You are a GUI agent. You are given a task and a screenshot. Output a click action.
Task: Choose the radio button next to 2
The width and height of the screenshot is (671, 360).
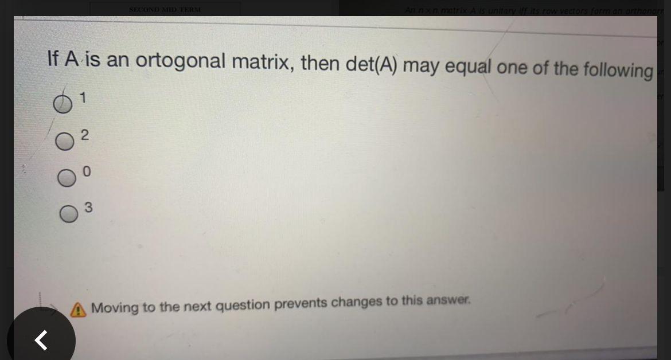(x=65, y=142)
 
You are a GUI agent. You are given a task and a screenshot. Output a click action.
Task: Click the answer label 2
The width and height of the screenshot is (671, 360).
(x=84, y=135)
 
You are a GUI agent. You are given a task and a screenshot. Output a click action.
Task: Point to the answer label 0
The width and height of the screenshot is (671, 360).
(x=87, y=171)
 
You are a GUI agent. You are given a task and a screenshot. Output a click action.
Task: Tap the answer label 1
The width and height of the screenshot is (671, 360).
(x=83, y=99)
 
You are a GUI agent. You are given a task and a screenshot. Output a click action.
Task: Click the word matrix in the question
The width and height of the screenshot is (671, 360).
(x=262, y=62)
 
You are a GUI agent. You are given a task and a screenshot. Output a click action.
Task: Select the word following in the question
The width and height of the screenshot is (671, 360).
(x=618, y=70)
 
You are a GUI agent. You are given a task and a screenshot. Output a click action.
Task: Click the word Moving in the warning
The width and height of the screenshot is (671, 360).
(x=114, y=308)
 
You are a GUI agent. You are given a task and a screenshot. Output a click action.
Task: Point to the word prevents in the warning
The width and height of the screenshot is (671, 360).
(x=301, y=304)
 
